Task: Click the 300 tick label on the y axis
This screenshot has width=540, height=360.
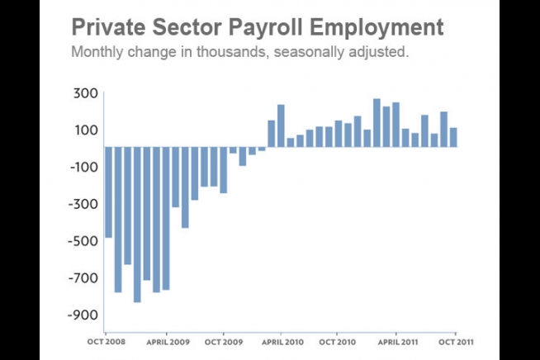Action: click(84, 93)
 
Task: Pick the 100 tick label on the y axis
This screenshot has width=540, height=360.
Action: click(84, 130)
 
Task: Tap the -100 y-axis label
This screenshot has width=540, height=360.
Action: click(82, 167)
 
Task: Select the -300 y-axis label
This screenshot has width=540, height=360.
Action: click(82, 204)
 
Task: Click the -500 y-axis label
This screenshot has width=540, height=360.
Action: click(82, 241)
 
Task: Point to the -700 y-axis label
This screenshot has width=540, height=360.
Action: click(82, 278)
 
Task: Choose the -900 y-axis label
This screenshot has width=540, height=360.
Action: click(82, 315)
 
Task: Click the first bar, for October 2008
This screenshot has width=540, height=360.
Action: click(108, 192)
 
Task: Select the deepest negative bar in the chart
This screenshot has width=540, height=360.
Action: click(137, 224)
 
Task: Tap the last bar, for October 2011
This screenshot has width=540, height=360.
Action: click(453, 137)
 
